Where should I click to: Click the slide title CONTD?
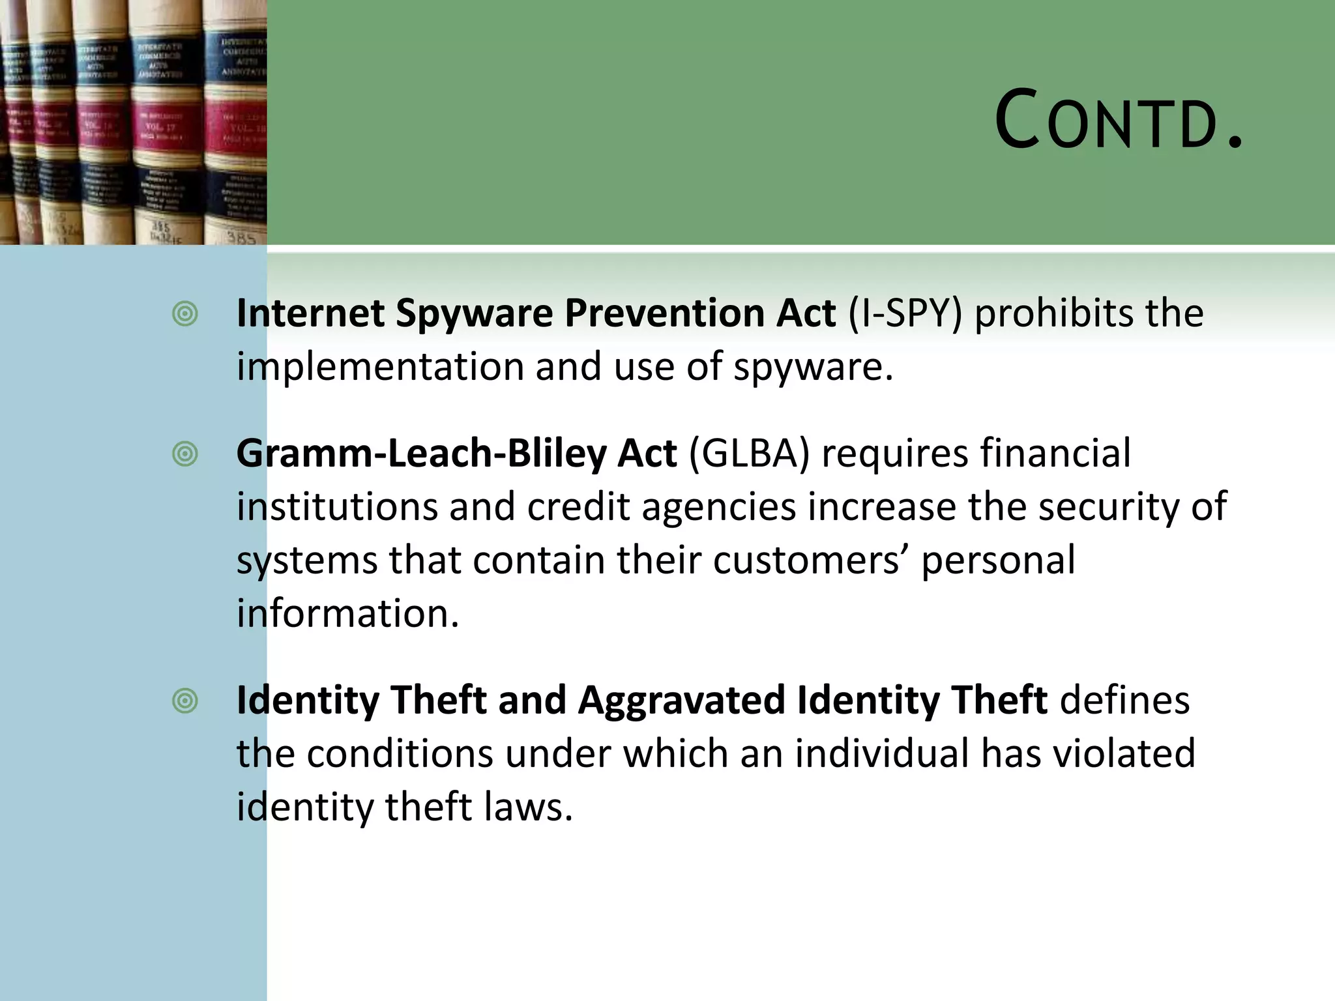tap(1119, 121)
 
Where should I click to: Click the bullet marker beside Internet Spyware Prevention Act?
tap(185, 314)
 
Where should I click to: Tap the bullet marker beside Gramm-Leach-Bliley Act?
tap(185, 454)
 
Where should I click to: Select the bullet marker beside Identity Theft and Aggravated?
tap(185, 701)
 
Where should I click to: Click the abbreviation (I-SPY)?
tap(905, 314)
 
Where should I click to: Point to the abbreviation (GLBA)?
tap(749, 454)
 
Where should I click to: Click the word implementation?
tap(380, 368)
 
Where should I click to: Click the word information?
tap(347, 614)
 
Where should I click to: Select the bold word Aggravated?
tap(681, 701)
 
